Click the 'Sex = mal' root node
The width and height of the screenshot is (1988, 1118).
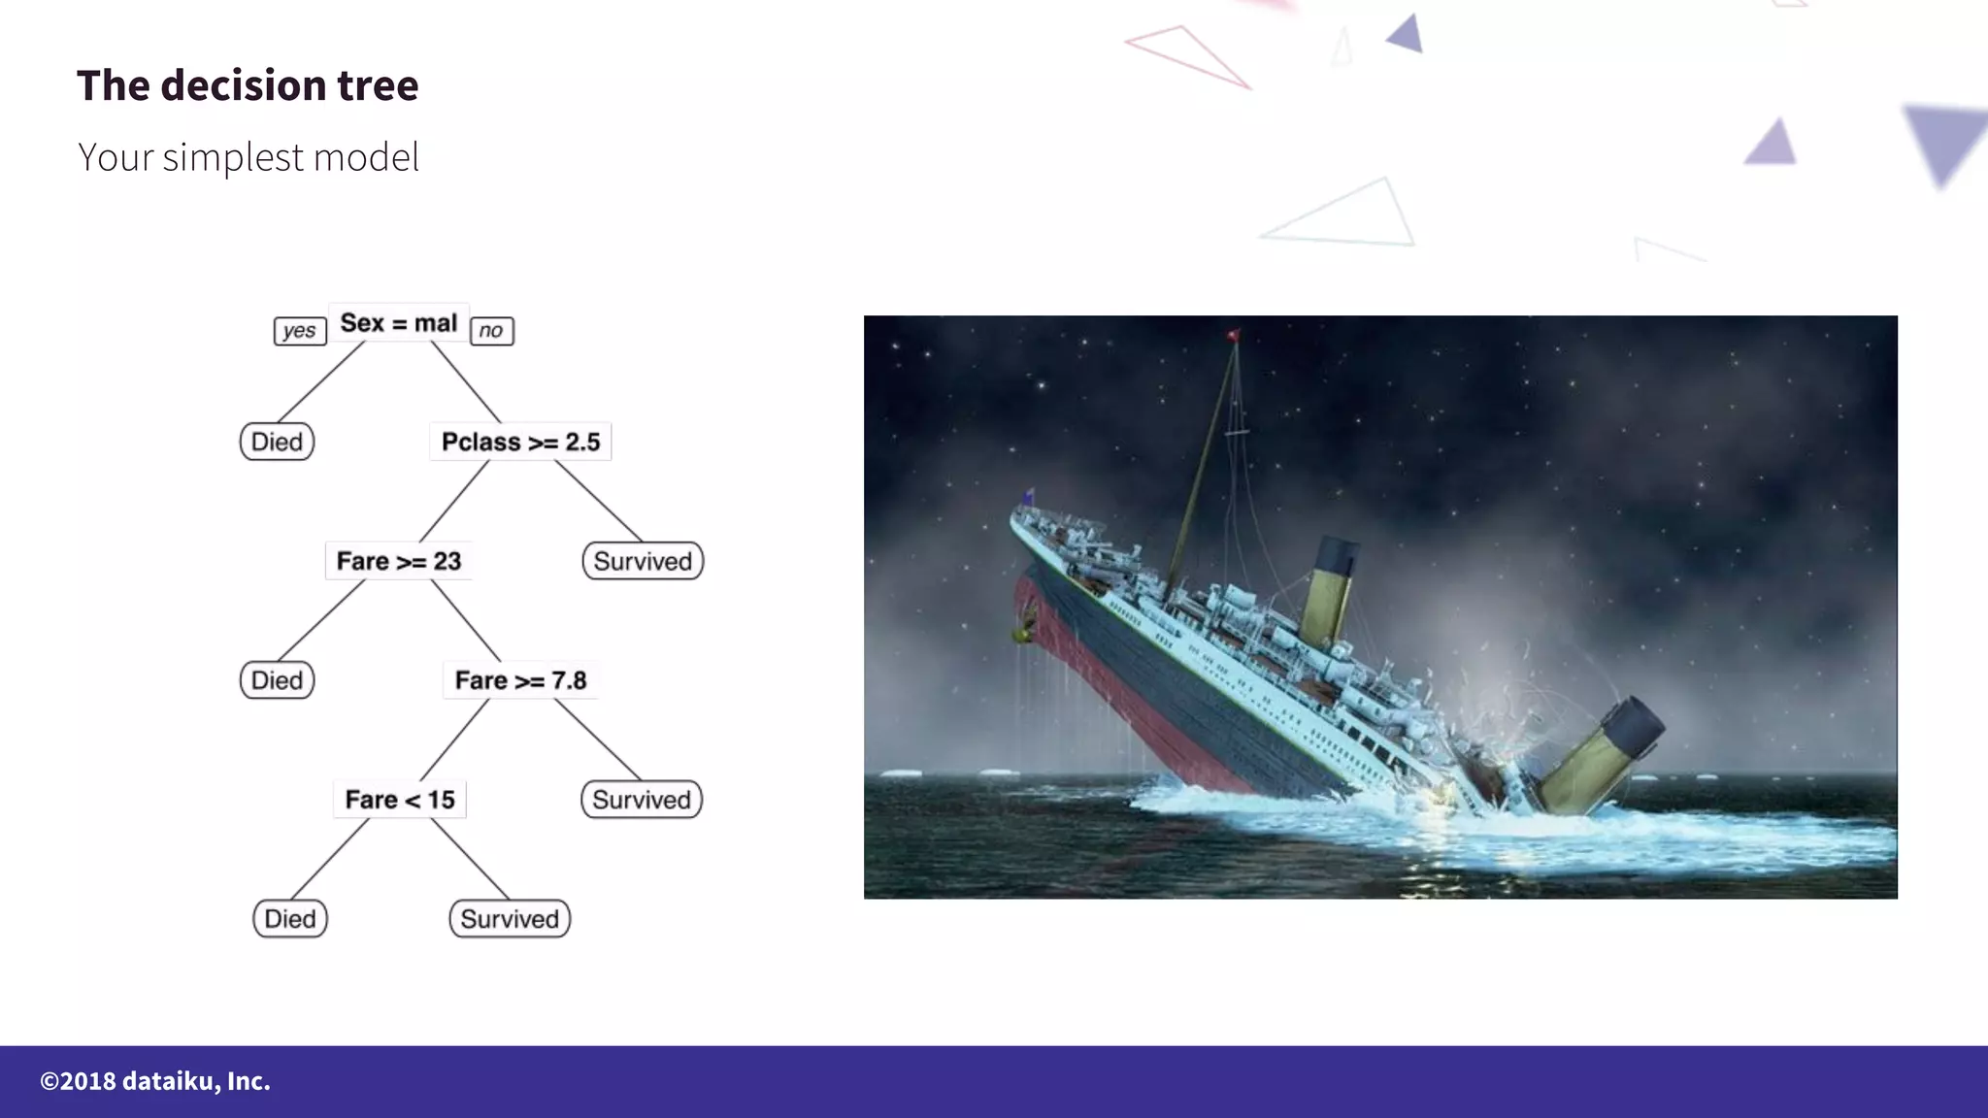coord(398,323)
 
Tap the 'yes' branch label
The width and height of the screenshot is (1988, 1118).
coord(299,331)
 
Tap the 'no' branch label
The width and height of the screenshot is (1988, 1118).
coord(491,331)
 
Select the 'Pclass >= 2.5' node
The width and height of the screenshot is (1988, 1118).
coord(520,442)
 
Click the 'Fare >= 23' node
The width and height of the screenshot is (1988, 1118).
coord(398,561)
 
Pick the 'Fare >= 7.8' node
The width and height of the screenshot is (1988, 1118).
coord(520,680)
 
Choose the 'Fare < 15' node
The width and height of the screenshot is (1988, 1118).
coord(399,800)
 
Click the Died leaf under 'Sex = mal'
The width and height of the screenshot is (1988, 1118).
coord(277,442)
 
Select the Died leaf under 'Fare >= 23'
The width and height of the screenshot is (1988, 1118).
coord(277,680)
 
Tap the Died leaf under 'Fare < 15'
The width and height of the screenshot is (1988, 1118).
coord(289,919)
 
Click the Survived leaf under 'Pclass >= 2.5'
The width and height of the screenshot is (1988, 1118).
coord(643,561)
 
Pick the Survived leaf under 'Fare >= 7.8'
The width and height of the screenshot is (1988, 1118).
coord(642,800)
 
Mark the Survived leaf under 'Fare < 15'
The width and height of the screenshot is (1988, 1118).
coord(510,919)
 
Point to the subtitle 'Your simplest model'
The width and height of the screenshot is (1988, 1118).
coord(248,157)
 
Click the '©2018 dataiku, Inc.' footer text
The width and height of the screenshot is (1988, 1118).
coord(155,1081)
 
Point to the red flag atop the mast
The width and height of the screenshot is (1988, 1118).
coord(1234,336)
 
